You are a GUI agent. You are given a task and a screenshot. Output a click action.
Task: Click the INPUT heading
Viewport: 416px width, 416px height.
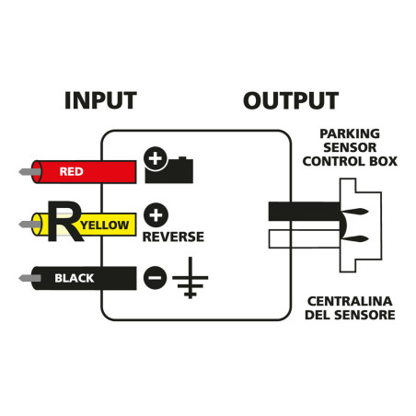click(x=100, y=100)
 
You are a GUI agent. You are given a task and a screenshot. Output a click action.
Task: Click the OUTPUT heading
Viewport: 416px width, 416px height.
click(x=291, y=100)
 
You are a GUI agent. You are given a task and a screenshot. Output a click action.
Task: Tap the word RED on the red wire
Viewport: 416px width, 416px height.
click(x=72, y=171)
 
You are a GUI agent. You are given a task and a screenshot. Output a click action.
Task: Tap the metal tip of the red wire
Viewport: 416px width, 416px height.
click(x=27, y=171)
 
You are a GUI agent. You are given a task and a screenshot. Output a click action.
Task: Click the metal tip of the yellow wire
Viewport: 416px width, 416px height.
click(x=27, y=224)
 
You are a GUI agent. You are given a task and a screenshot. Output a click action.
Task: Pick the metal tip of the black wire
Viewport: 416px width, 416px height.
click(x=27, y=276)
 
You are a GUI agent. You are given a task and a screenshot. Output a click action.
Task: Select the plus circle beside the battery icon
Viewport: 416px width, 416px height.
click(x=156, y=160)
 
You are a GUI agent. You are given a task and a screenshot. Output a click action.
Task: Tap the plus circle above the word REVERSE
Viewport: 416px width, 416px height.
click(x=156, y=215)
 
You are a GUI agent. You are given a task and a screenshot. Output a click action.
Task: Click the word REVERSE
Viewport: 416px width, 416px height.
click(x=173, y=237)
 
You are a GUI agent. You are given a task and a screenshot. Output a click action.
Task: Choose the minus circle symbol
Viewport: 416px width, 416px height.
click(x=156, y=276)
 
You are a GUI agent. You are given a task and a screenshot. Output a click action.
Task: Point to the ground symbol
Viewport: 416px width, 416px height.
click(x=191, y=281)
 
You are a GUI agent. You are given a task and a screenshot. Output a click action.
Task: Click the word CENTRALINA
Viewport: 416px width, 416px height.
click(x=352, y=301)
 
